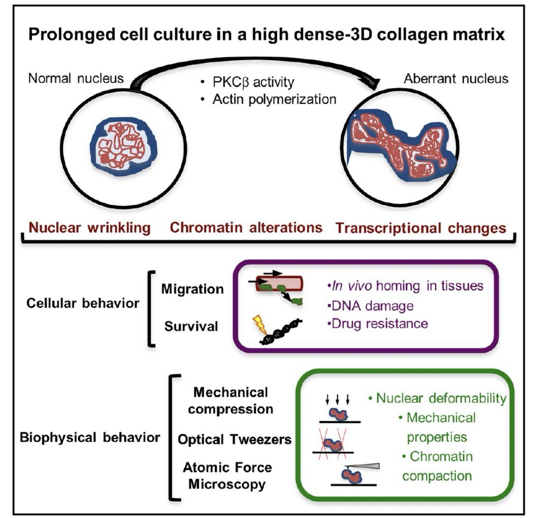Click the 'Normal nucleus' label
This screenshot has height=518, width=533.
coord(76,78)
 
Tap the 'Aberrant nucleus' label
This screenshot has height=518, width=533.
coord(456,78)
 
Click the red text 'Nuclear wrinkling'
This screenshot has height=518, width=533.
coord(90,228)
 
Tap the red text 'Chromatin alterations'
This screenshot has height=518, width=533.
coord(246,228)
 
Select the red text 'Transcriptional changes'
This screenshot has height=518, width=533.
coord(421,228)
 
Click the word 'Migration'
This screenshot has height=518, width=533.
coord(192,289)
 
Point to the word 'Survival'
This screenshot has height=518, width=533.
coord(191,326)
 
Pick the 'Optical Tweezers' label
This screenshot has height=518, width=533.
coord(234,439)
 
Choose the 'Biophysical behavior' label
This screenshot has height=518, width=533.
coord(90,437)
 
